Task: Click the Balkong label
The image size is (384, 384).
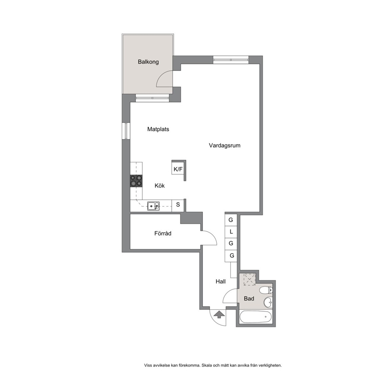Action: (x=148, y=62)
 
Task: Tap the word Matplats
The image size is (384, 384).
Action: (x=158, y=129)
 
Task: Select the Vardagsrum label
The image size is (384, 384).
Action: (x=225, y=146)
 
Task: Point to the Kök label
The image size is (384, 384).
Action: (x=159, y=186)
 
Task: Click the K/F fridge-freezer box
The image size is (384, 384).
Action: (x=178, y=168)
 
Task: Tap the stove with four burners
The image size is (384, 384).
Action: (x=136, y=181)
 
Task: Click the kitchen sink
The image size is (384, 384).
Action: (x=153, y=206)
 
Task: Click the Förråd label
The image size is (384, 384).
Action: (x=163, y=233)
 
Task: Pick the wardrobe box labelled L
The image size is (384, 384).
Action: (x=231, y=231)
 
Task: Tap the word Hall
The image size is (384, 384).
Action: (x=221, y=282)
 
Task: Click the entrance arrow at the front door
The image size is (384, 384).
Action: (x=219, y=314)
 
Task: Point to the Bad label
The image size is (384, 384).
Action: (x=249, y=298)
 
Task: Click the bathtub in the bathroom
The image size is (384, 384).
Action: (x=255, y=317)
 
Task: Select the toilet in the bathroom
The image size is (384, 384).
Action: (x=266, y=290)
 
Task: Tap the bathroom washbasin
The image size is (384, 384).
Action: (x=268, y=303)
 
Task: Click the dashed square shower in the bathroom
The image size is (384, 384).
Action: (x=250, y=279)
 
